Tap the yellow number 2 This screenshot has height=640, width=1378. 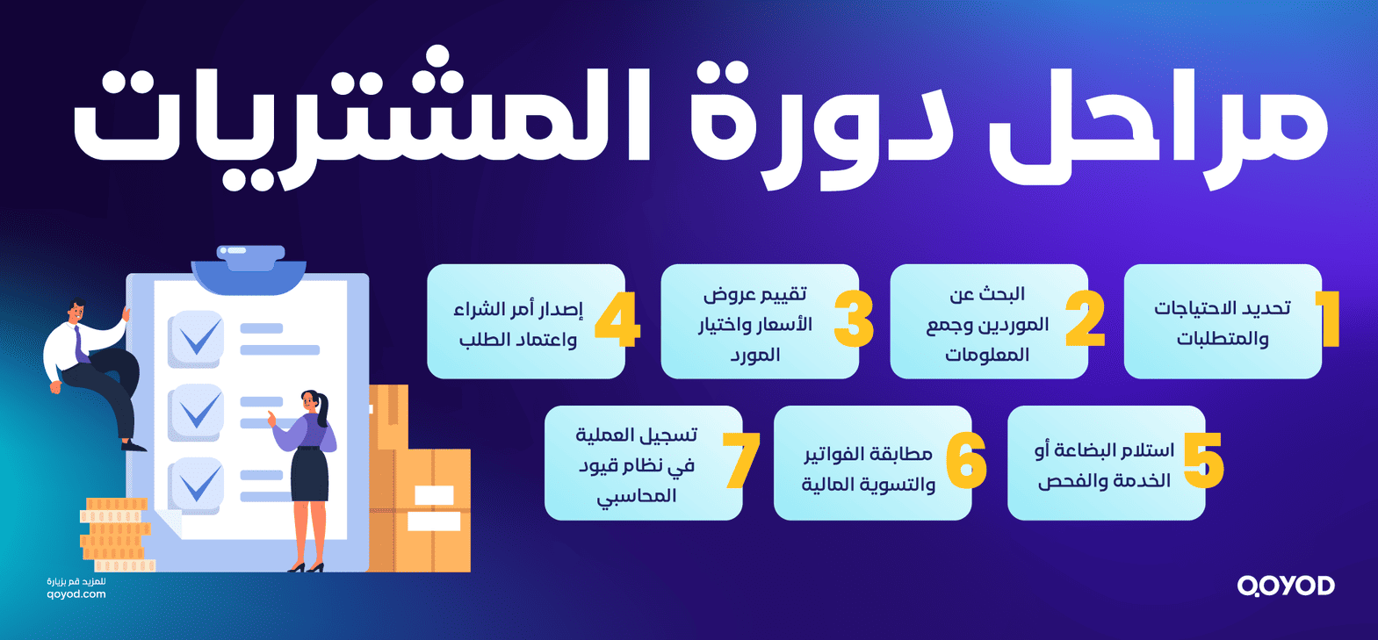pyautogui.click(x=1086, y=319)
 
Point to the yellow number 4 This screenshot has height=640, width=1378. pyautogui.click(x=617, y=320)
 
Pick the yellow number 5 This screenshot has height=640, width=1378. pyautogui.click(x=1203, y=460)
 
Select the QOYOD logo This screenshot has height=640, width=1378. pyautogui.click(x=1286, y=586)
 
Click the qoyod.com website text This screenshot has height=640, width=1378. pyautogui.click(x=76, y=594)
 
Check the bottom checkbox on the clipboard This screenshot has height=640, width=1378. pyautogui.click(x=197, y=483)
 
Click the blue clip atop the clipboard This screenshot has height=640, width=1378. pyautogui.click(x=249, y=262)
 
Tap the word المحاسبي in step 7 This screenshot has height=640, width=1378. pyautogui.click(x=637, y=496)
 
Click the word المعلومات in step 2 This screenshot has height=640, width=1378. pyautogui.click(x=987, y=355)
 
